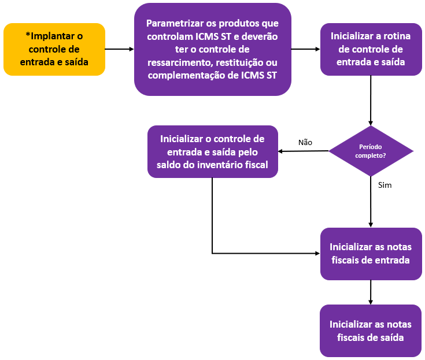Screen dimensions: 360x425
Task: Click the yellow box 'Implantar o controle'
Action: (54, 49)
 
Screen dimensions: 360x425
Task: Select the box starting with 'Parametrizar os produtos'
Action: (212, 49)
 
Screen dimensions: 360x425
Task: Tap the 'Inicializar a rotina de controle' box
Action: (371, 49)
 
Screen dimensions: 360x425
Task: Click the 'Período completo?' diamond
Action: (371, 151)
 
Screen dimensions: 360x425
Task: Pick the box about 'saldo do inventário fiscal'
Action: (212, 152)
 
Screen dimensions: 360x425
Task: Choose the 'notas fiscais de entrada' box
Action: (371, 254)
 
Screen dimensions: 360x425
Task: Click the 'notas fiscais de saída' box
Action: (371, 331)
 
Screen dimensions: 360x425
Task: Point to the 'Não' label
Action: (305, 142)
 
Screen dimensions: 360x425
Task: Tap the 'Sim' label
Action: (385, 185)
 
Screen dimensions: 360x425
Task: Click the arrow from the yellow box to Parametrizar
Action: (120, 49)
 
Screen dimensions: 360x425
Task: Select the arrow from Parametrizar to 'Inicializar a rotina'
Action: (305, 49)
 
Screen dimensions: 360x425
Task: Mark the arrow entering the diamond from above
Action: (371, 101)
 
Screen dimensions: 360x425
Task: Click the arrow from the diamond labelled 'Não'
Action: (304, 151)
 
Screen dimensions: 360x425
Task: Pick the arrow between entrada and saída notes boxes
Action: (371, 292)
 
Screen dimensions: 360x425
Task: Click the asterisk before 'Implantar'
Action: (28, 36)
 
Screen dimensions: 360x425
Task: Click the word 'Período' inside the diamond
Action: (371, 147)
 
